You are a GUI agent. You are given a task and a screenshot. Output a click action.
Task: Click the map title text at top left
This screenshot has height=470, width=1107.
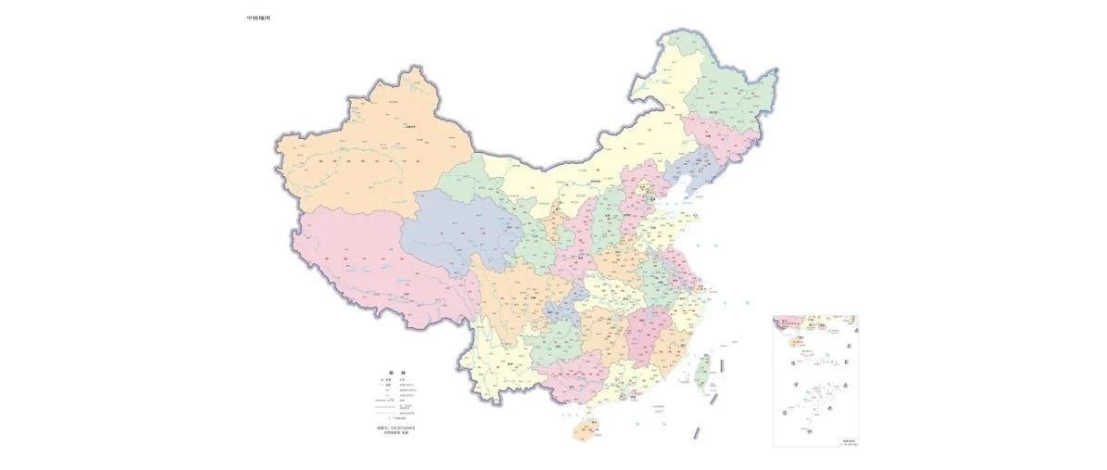coord(258,18)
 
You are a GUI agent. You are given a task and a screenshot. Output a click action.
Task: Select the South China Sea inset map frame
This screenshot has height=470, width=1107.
coord(815,381)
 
